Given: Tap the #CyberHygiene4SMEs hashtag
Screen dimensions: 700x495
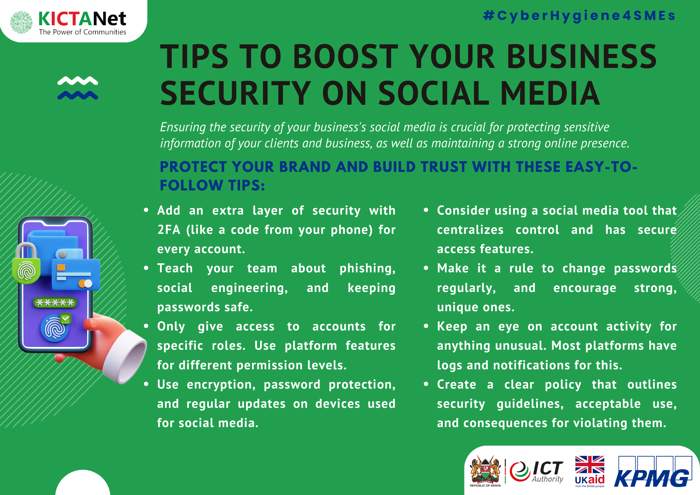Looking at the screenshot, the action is point(579,16).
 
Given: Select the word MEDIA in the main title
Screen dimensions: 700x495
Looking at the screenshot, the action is point(550,93).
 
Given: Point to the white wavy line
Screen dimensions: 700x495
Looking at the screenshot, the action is point(78,81).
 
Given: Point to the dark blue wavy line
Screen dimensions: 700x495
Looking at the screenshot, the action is point(78,95).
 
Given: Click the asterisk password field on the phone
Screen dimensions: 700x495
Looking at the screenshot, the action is point(55,302).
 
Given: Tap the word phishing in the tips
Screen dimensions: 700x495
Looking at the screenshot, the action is point(367,269).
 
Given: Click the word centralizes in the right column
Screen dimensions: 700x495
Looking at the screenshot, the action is point(470,230).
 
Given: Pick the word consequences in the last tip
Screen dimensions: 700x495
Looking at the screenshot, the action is point(505,423).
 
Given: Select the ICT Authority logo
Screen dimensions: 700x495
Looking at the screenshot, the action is point(537,472).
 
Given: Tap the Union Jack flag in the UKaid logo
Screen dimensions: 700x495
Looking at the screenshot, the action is point(590,465).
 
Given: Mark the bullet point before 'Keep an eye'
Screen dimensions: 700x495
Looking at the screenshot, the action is point(426,326).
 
